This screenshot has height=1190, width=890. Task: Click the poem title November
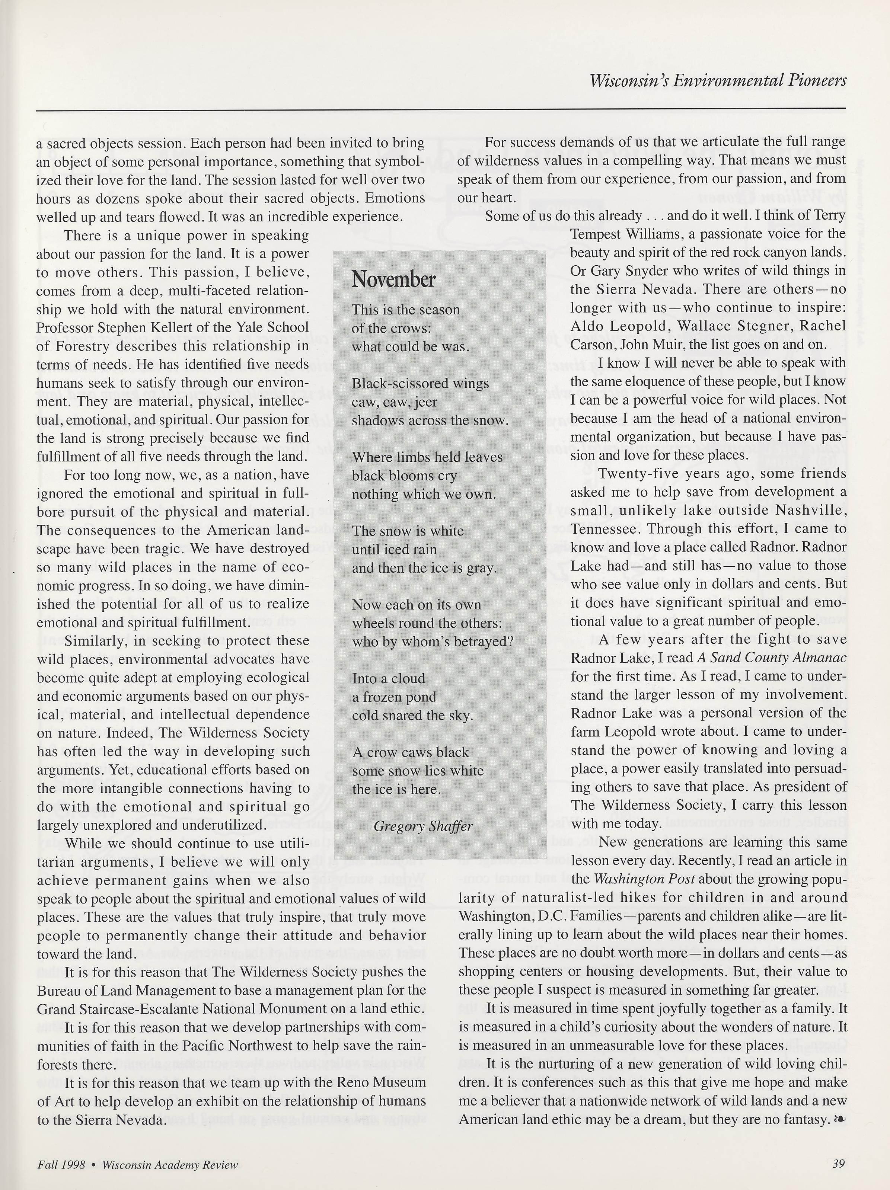click(393, 280)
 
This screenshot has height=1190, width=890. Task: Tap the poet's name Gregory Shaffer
click(423, 826)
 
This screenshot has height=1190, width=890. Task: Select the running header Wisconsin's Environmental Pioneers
click(718, 81)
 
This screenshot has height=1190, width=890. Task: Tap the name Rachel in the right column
click(823, 326)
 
